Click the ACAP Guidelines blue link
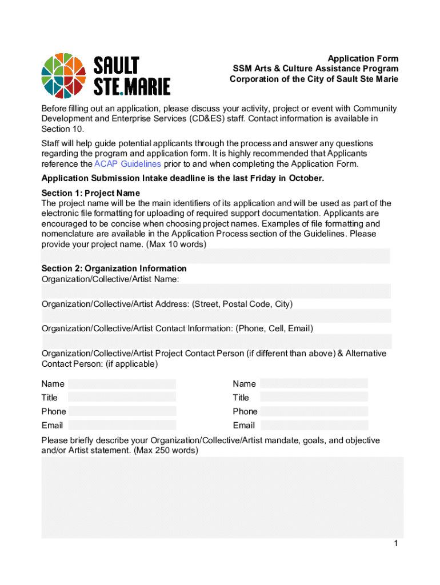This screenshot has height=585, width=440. (127, 164)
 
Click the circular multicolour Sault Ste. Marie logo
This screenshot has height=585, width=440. (64, 75)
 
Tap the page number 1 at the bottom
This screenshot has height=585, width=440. (395, 544)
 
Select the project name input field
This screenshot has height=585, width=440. (215, 256)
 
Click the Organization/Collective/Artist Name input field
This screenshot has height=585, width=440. (215, 291)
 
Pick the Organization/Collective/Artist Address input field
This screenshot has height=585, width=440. (215, 316)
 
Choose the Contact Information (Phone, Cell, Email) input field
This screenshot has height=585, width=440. (215, 341)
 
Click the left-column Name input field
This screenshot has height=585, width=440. (122, 384)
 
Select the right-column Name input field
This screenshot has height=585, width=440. (314, 384)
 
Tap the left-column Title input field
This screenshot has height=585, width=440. (122, 397)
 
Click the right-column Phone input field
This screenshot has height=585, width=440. (314, 411)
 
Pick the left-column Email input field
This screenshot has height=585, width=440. (122, 425)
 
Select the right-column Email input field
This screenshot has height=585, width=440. (314, 425)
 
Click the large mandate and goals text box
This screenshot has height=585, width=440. (222, 497)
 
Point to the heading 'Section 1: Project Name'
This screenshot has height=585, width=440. (90, 193)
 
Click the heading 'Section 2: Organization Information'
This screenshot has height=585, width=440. (114, 269)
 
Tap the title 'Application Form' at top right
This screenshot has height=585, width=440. (363, 59)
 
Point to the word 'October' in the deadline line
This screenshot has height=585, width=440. (307, 178)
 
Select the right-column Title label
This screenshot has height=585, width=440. (241, 398)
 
